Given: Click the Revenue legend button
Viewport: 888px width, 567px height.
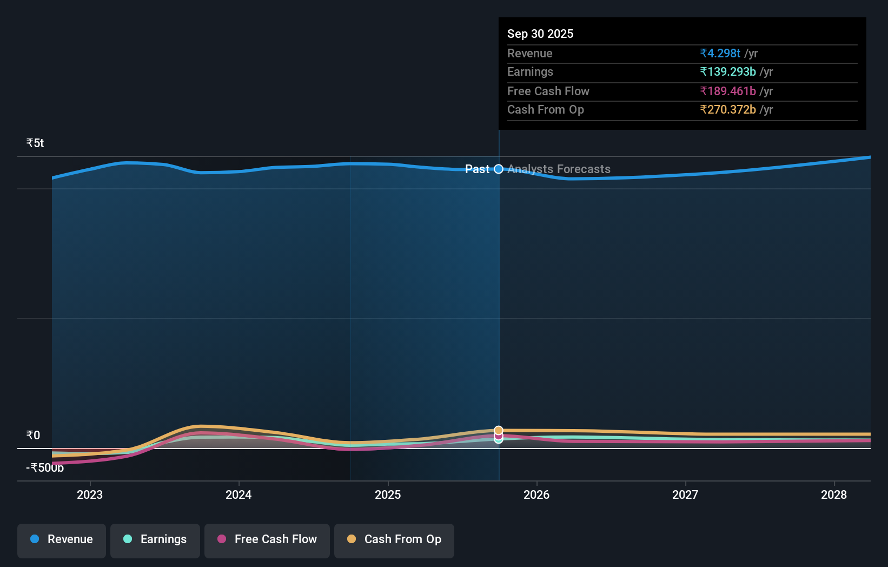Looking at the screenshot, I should pos(62,539).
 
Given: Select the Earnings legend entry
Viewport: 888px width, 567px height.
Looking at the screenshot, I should pos(155,539).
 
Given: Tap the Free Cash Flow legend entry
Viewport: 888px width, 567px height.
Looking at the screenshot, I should pos(267,539).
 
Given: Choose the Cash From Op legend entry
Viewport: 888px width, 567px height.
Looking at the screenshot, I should pos(394,539).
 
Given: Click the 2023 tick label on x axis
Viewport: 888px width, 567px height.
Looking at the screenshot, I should pos(90,495).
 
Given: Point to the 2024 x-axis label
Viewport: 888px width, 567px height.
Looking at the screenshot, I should pos(238,495).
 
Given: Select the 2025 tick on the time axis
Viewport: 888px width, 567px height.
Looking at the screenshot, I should pos(388,495).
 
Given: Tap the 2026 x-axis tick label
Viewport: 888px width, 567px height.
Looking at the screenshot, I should pos(536,495).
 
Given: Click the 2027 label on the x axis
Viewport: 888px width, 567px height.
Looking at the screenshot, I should pos(685,495).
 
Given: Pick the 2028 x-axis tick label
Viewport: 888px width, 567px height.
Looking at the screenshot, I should pos(834,495).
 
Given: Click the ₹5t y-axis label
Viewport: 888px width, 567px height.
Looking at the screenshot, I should pos(35,143).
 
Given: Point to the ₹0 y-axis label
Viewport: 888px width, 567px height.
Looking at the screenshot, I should pos(34,436).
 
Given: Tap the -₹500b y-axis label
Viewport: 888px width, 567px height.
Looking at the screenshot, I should pos(45,468).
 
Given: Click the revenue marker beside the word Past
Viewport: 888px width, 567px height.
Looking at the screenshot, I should pos(499,169).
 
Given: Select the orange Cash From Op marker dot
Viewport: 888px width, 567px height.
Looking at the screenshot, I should pos(499,431).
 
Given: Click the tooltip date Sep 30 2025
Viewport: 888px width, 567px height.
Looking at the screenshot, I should pos(540,34).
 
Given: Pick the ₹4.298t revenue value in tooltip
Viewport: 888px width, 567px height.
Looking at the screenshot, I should pos(720,53).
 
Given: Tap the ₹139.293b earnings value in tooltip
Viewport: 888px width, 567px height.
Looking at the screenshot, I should pos(728,72).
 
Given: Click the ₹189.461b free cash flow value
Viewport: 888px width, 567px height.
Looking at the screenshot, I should pos(728,91).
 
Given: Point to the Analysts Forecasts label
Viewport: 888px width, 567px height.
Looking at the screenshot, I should pos(559,169).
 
